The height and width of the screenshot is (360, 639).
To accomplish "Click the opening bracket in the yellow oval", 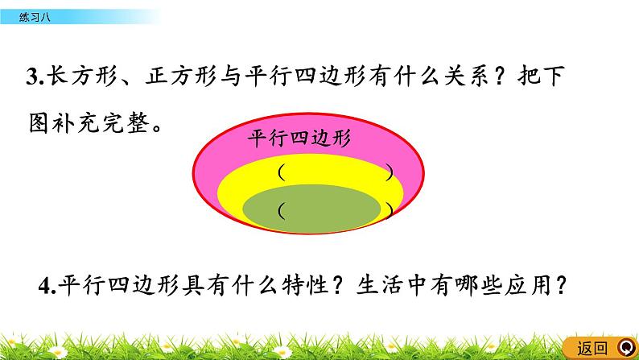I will (280, 172).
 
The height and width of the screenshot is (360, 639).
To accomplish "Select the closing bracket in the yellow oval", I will (390, 172).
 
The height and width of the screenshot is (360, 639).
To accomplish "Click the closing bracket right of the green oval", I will (390, 210).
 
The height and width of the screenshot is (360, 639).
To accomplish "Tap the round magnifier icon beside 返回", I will (625, 348).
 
